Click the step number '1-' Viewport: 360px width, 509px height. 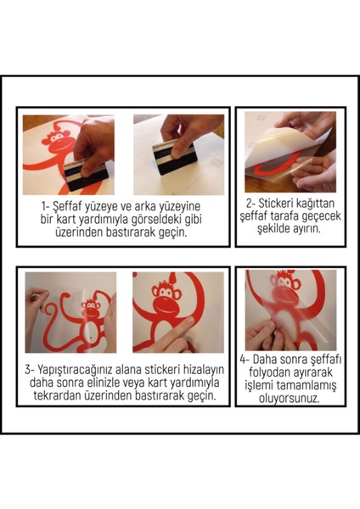pos(48,204)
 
